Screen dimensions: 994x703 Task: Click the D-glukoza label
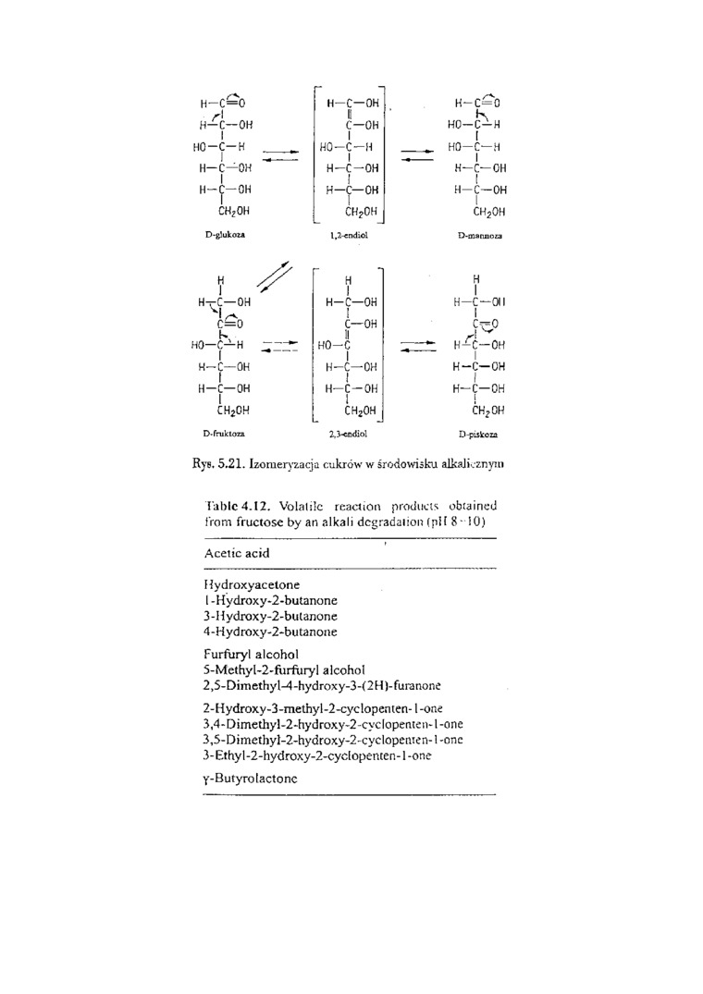click(x=224, y=235)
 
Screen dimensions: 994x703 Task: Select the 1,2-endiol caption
click(x=349, y=237)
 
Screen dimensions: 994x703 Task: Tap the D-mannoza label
click(x=479, y=237)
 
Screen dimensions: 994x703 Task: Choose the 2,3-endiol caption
click(x=348, y=432)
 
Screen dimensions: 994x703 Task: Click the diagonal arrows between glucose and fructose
click(x=276, y=277)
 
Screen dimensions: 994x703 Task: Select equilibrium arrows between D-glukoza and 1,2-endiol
click(x=280, y=153)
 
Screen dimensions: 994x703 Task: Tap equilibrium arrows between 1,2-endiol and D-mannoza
click(x=416, y=153)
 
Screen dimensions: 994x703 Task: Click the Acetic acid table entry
click(x=237, y=553)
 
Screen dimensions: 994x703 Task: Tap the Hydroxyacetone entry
click(x=251, y=584)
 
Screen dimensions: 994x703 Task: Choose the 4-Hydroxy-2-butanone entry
click(x=270, y=632)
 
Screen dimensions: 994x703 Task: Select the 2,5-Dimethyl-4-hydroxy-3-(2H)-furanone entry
click(x=321, y=685)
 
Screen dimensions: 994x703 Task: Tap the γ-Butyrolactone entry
click(x=250, y=779)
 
